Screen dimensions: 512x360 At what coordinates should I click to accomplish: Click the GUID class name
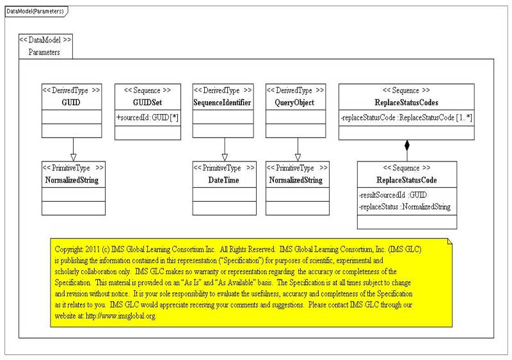(x=71, y=102)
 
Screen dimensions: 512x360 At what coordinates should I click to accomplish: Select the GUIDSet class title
(x=147, y=102)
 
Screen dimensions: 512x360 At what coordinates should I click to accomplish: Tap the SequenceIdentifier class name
(x=222, y=102)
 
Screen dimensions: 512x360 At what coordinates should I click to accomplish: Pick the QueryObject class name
(x=294, y=103)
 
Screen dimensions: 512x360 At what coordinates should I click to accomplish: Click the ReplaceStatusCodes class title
(x=406, y=102)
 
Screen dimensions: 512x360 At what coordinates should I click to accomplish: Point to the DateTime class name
(x=223, y=180)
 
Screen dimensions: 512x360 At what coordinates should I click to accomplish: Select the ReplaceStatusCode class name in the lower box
(x=406, y=180)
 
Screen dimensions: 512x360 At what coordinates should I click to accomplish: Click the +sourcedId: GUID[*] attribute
(x=148, y=118)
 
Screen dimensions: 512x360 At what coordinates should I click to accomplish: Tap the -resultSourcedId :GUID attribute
(x=393, y=195)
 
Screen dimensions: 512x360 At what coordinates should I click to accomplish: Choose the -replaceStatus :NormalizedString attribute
(x=404, y=207)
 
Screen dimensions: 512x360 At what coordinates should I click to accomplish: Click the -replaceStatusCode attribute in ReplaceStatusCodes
(x=406, y=118)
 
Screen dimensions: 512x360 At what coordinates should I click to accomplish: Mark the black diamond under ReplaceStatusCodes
(x=407, y=145)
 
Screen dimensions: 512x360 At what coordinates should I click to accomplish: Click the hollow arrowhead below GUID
(x=73, y=158)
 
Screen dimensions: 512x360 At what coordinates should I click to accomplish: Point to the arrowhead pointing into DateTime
(x=225, y=158)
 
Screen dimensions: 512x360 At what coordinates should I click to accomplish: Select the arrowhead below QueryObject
(x=298, y=158)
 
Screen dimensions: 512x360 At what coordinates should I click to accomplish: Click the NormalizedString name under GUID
(x=72, y=180)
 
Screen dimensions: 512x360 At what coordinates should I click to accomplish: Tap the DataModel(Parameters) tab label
(x=35, y=12)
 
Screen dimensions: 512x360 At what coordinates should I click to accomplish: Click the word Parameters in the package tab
(x=44, y=53)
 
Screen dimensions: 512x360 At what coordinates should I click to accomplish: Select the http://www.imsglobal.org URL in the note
(x=121, y=316)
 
